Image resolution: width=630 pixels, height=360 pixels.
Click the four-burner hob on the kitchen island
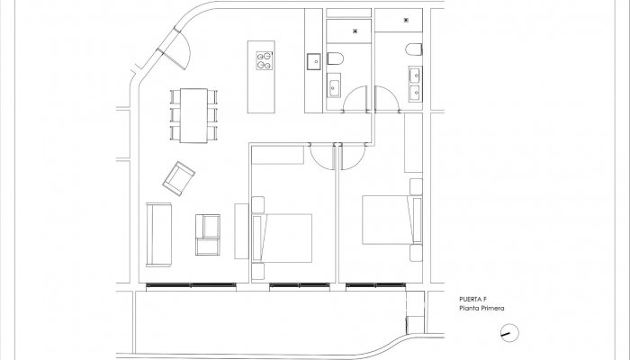tap(265, 61)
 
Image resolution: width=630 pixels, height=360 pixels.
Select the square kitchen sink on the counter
tap(314, 61)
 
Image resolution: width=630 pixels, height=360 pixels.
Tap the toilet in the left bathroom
tap(334, 58)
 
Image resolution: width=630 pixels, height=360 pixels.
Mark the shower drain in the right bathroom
tap(407, 20)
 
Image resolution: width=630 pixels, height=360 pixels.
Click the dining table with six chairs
tap(193, 114)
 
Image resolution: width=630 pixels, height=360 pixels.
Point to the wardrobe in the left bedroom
tap(278, 155)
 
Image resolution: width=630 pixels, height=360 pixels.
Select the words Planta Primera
tap(481, 310)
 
